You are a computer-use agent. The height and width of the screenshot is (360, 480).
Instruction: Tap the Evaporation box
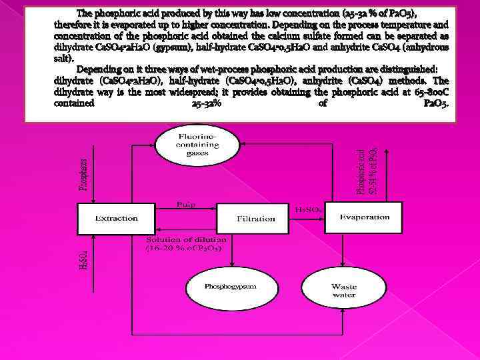click(x=365, y=217)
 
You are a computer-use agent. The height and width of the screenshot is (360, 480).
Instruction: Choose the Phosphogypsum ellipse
click(x=221, y=285)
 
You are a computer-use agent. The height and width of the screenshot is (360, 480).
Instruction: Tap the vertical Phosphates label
click(x=84, y=175)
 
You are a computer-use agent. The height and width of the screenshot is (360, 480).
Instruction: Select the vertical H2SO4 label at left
click(x=83, y=256)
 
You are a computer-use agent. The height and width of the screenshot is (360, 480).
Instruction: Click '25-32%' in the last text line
click(x=203, y=104)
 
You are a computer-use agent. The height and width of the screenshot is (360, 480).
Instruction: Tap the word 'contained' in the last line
click(x=75, y=104)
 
